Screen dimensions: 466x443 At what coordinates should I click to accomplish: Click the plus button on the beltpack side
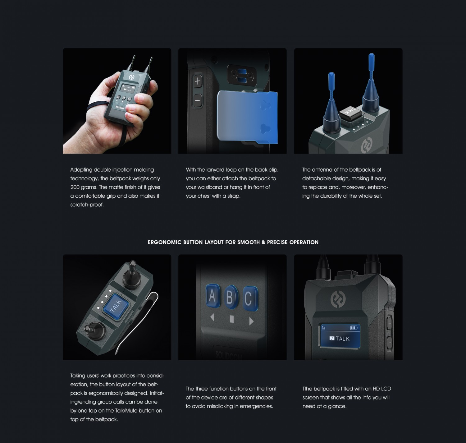198,81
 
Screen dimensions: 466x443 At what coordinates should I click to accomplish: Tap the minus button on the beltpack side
197,100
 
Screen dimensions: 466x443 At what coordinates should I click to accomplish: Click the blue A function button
212,296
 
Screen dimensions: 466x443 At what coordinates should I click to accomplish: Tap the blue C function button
250,298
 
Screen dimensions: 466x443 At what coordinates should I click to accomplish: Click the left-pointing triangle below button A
212,317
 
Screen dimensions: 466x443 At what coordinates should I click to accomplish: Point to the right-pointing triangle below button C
252,321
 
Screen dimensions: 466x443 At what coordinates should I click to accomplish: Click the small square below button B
232,319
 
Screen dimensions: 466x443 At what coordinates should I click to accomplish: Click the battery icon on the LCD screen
354,328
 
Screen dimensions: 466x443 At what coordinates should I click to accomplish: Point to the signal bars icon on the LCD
323,328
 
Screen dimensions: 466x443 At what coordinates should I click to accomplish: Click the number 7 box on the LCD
332,338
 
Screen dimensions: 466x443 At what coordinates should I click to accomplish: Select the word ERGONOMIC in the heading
165,242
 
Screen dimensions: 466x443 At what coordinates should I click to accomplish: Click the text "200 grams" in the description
84,187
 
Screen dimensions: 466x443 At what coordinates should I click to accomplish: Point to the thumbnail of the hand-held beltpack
117,101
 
